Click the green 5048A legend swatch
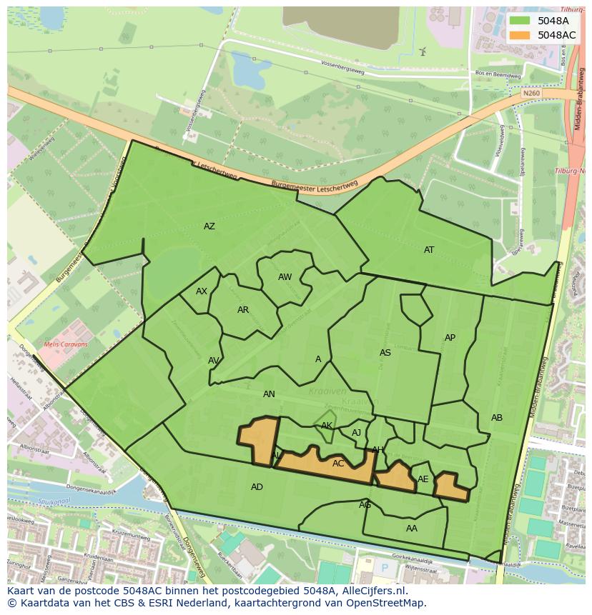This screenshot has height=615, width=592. [520, 21]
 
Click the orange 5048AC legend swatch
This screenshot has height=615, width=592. [520, 35]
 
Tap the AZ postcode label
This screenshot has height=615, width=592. [209, 226]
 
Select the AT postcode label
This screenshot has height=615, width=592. [429, 250]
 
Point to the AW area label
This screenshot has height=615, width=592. [285, 277]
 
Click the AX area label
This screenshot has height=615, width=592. [202, 291]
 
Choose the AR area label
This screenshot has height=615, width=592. [243, 310]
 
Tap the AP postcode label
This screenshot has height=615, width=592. [450, 338]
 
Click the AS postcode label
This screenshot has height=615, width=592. [385, 353]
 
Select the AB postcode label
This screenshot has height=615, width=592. [497, 418]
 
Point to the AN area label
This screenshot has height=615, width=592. [269, 394]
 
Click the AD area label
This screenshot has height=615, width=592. [257, 487]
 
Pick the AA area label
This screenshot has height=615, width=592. [412, 529]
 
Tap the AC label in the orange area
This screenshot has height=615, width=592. [339, 464]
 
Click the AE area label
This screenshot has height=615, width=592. [423, 479]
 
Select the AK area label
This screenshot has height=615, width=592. [327, 426]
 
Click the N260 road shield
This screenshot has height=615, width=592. [531, 94]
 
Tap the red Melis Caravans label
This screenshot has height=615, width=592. [66, 344]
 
